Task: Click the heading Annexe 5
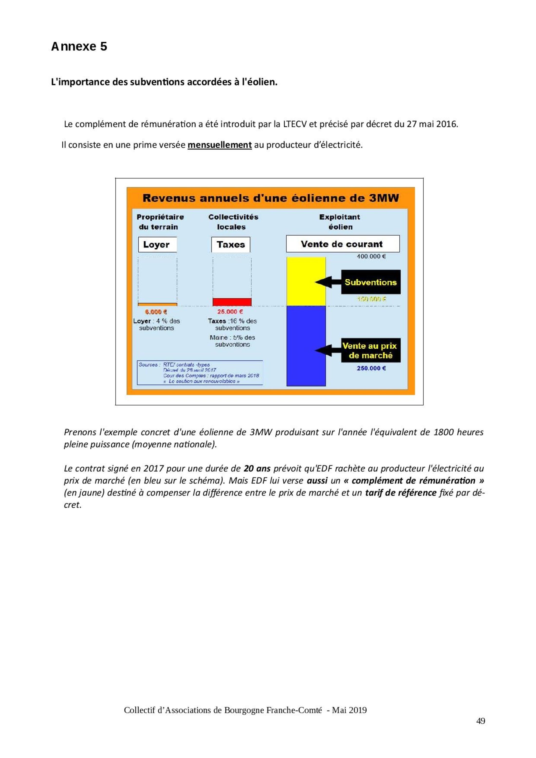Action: tap(79, 47)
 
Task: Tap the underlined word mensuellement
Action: tap(220, 145)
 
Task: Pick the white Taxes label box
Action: tap(230, 245)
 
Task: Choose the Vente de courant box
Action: tap(343, 244)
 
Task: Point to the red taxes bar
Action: tap(232, 302)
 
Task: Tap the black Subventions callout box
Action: tap(371, 282)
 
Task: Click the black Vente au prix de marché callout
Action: tap(371, 350)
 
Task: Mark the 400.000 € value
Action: tap(371, 256)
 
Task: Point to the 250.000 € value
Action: tap(371, 369)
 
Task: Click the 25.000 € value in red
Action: tap(230, 312)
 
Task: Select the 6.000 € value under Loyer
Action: tap(156, 312)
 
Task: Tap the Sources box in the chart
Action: tap(200, 373)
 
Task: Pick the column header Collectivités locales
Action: tap(233, 222)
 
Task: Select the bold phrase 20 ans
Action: tap(257, 468)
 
